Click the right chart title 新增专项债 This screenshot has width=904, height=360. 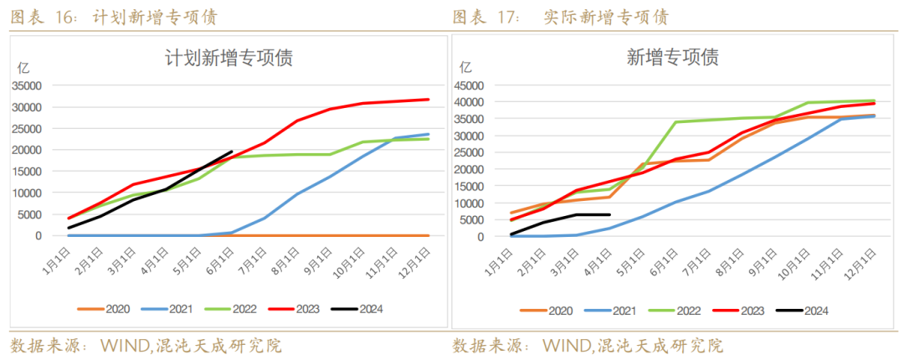click(672, 58)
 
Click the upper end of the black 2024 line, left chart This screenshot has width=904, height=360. click(232, 152)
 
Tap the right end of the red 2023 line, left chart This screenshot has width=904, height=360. click(429, 100)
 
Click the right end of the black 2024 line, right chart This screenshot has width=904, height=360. click(609, 214)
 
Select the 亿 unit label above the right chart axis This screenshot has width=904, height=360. click(465, 66)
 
